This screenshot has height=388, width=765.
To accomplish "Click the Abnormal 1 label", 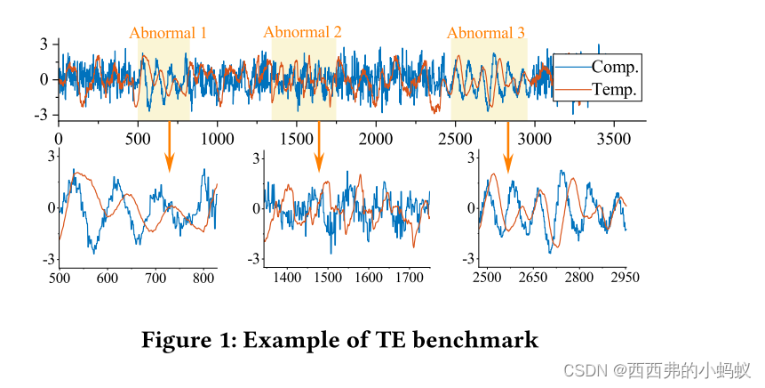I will point(168,34).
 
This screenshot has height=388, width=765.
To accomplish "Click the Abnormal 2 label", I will point(302,32).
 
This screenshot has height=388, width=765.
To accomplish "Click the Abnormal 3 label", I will point(485,34).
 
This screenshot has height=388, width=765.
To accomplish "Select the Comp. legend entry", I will point(615,67).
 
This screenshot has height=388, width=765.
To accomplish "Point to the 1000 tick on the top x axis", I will point(217,139).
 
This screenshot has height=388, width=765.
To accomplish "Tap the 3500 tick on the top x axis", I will point(614,139).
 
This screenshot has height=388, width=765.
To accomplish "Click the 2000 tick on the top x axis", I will point(376,139).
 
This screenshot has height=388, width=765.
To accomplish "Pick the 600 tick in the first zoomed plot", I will point(108,278).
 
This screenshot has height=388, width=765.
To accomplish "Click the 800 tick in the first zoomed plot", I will point(204,278).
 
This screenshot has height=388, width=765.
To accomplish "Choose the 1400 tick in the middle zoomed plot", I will point(288,278).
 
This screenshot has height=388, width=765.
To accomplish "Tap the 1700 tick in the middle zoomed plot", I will point(409,278).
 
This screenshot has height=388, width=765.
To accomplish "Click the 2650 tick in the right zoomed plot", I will point(533,278).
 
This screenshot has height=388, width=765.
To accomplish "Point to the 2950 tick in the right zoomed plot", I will point(626,278).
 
